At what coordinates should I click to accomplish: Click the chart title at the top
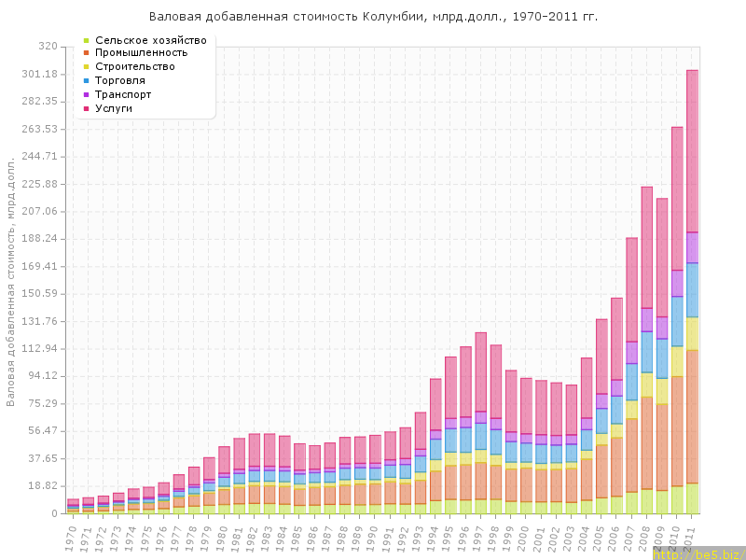373,17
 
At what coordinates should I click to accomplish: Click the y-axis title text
11,280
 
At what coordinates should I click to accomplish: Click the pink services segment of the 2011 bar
692,149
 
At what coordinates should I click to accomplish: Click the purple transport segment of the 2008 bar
647,319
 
